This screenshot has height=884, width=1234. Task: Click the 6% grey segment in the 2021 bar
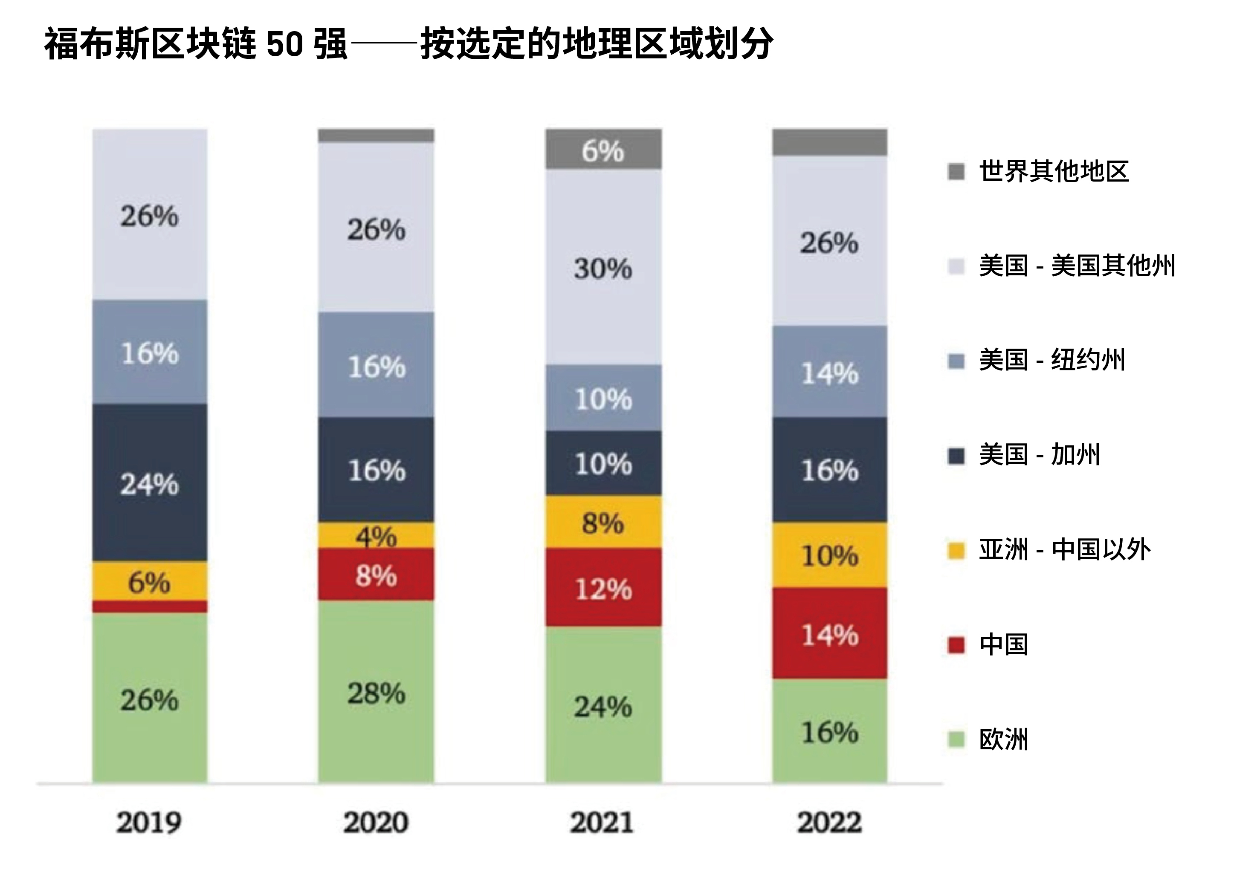[x=603, y=150]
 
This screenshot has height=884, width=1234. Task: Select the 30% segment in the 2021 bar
[x=603, y=267]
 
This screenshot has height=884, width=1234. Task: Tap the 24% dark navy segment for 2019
[x=150, y=482]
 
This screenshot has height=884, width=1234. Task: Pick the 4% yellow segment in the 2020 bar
[x=376, y=536]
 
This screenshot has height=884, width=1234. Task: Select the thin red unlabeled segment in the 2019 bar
[x=150, y=607]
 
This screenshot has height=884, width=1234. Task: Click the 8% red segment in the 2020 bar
[x=376, y=575]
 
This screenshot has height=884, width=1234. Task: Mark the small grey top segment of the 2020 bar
[x=376, y=136]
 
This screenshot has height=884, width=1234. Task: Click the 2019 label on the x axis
[x=148, y=822]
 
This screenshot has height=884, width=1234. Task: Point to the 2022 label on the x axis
[x=829, y=822]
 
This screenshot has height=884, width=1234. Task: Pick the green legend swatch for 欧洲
[x=956, y=740]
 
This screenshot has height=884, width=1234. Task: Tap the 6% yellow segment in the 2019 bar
[x=150, y=581]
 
